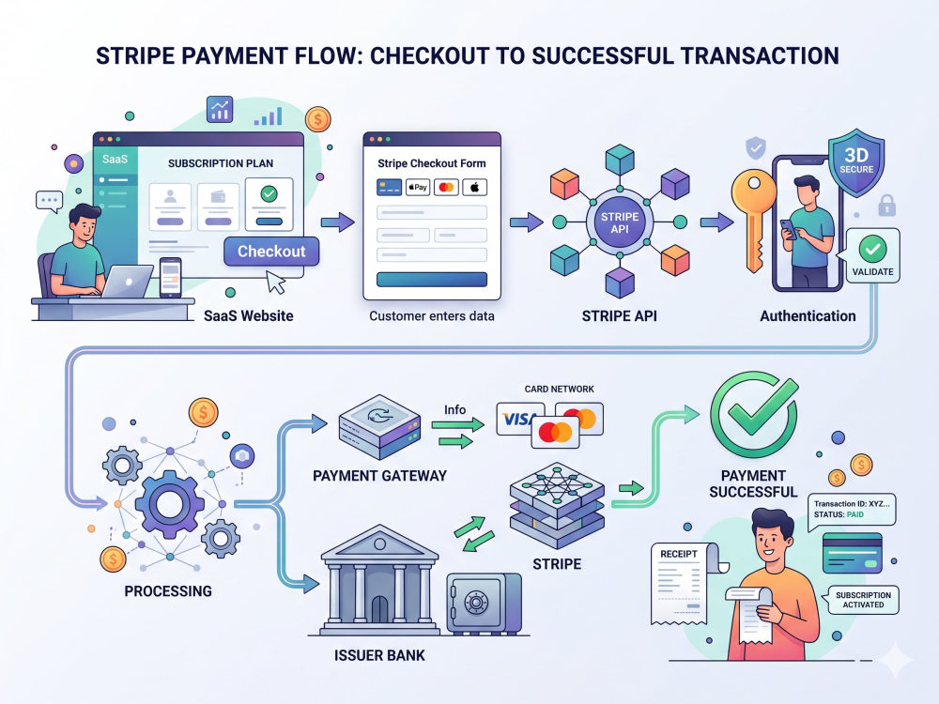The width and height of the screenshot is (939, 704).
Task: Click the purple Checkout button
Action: [271, 252]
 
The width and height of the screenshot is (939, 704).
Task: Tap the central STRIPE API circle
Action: [620, 222]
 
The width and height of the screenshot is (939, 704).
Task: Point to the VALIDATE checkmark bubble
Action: [872, 255]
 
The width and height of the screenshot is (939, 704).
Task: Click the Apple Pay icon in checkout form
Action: [418, 188]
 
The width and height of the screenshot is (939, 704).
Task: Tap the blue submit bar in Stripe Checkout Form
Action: [432, 280]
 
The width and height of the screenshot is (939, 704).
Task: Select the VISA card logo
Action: [517, 419]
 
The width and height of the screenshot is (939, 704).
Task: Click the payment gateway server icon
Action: [379, 427]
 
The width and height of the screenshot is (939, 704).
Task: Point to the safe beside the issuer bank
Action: [484, 604]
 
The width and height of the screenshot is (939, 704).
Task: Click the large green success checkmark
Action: [754, 414]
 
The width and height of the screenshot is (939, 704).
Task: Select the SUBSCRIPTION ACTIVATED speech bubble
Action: [862, 600]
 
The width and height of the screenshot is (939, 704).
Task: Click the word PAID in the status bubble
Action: [855, 514]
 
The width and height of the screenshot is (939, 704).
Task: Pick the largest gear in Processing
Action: [169, 503]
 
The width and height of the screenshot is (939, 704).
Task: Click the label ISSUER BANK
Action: [379, 655]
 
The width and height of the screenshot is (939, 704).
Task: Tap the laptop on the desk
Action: [127, 282]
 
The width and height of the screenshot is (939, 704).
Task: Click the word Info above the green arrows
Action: [454, 409]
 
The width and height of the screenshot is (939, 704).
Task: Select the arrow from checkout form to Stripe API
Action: [527, 222]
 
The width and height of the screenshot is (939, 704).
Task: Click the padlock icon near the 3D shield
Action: [887, 206]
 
